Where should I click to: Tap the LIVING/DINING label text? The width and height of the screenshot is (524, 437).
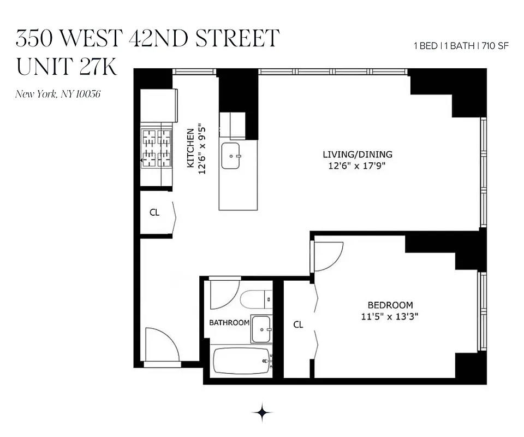[x=358, y=155]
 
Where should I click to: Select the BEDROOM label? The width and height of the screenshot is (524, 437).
[x=390, y=305]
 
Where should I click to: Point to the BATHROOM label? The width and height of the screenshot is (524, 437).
[x=229, y=323]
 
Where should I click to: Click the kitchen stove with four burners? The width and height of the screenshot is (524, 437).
[x=156, y=147]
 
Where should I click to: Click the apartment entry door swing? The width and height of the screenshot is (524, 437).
[x=162, y=345]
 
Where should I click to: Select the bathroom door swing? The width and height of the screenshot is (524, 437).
[x=224, y=295]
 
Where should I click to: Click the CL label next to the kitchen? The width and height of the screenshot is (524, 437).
[x=154, y=212]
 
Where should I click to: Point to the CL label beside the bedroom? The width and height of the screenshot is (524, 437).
[x=298, y=324]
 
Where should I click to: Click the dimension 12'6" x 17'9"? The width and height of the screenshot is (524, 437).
[x=358, y=166]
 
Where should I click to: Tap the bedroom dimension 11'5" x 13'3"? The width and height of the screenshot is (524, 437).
[x=390, y=316]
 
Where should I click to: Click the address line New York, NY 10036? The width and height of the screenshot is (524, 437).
[x=58, y=95]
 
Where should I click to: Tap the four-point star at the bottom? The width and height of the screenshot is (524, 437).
[x=262, y=413]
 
